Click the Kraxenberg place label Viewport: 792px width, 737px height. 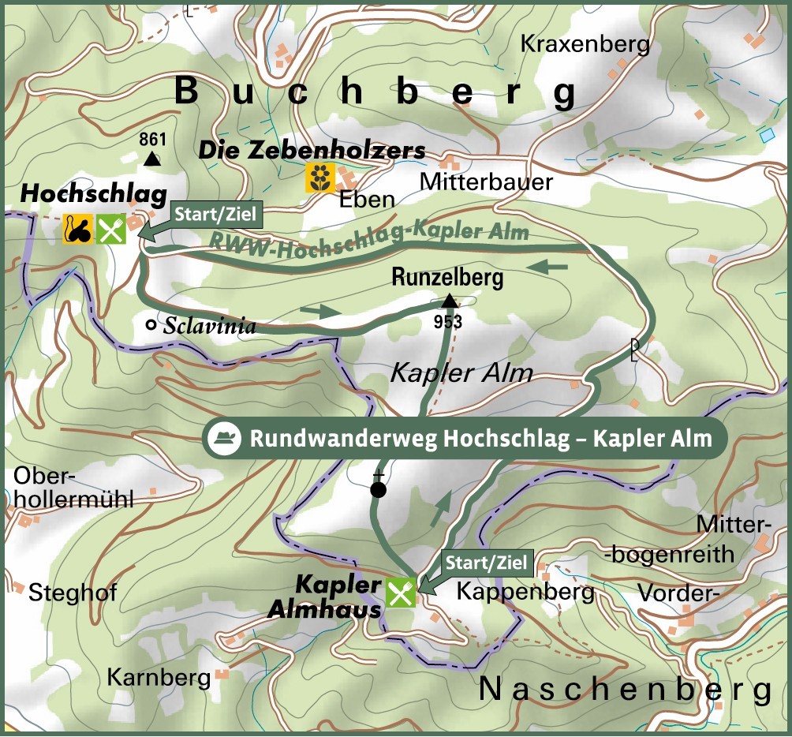(x=585, y=44)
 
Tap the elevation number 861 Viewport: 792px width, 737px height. (x=152, y=140)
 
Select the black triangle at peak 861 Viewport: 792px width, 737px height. (x=152, y=159)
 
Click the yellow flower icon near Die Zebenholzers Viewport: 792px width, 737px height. (x=320, y=178)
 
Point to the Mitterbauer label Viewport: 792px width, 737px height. (x=486, y=182)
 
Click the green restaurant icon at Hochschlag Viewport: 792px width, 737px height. (x=111, y=229)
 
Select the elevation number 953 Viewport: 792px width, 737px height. (x=447, y=321)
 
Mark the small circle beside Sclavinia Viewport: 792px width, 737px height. (x=151, y=324)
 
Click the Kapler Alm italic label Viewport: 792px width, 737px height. (x=461, y=373)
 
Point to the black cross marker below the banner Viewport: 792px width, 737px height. (x=379, y=488)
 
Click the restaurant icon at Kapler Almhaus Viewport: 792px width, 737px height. (x=401, y=592)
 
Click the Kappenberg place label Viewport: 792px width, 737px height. (x=525, y=591)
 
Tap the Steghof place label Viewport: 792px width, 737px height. (x=73, y=593)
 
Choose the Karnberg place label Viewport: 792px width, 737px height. (x=159, y=677)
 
